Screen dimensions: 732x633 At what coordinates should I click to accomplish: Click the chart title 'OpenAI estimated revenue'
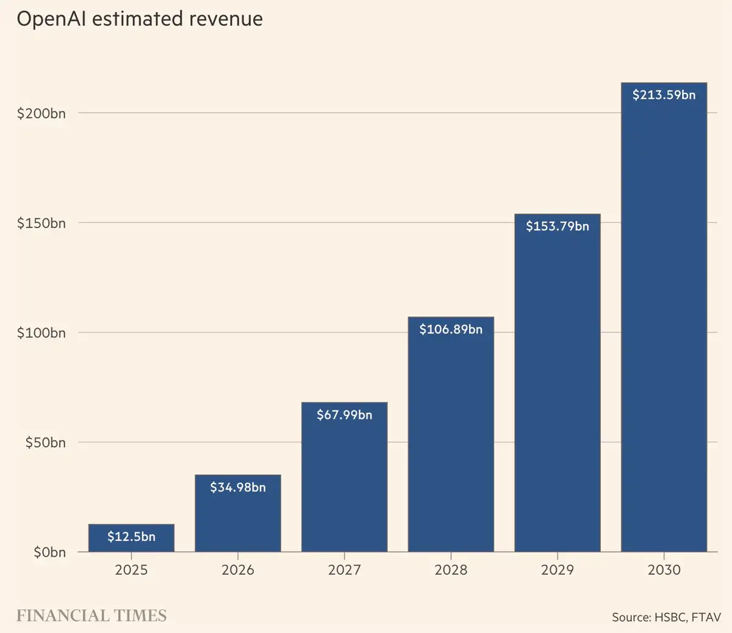coord(140,19)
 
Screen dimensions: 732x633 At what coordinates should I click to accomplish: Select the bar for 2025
coord(131,538)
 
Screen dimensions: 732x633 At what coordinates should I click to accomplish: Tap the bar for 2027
coord(344,477)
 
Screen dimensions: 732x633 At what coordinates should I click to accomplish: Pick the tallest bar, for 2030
coord(664,317)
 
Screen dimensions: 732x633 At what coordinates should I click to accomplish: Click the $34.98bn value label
coord(238,487)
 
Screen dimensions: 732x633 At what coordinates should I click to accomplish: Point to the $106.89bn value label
coord(451,329)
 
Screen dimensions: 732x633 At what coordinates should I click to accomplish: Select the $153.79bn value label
coord(558,226)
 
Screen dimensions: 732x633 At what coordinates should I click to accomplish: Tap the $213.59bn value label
coord(664,95)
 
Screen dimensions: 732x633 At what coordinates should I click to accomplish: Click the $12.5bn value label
coord(131,537)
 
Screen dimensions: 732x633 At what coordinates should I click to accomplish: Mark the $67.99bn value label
coord(344,415)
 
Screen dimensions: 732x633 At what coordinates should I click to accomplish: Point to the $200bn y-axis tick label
coord(41,113)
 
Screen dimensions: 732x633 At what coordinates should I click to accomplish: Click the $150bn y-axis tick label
coord(41,223)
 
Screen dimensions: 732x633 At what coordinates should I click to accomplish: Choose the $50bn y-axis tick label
coord(45,443)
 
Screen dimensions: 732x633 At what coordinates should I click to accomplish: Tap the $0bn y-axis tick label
coord(49,553)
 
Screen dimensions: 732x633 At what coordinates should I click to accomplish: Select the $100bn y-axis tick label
coord(41,333)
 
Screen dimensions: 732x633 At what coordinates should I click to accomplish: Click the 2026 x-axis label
coord(238,570)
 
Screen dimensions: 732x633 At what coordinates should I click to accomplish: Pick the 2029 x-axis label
coord(558,570)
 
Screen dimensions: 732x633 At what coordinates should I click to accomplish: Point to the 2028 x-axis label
coord(451,570)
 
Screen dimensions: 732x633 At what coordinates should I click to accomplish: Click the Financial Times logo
coord(91,616)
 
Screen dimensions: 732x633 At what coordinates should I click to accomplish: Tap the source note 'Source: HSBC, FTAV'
coord(667,617)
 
